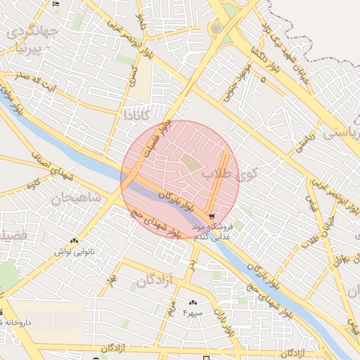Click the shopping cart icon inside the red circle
pyautogui.click(x=211, y=216)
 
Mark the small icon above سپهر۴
pyautogui.click(x=193, y=302)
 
